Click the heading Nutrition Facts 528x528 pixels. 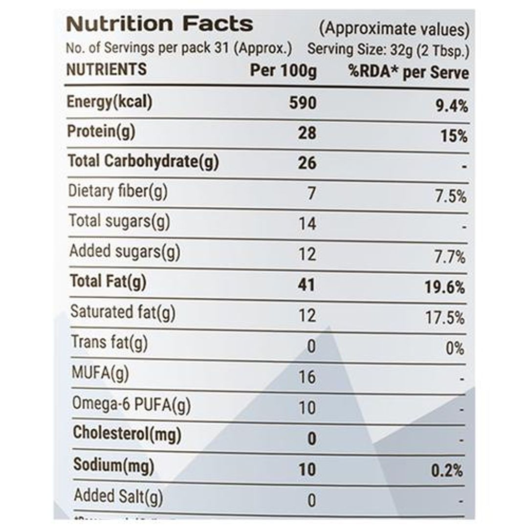(x=159, y=23)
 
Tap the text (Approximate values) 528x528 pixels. (x=394, y=29)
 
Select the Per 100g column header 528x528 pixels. (x=283, y=71)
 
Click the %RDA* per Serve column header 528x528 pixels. (x=408, y=72)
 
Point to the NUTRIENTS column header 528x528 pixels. (x=106, y=69)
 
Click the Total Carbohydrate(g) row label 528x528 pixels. (x=143, y=161)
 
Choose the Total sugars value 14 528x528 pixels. (x=307, y=224)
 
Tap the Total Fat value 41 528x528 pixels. (x=307, y=284)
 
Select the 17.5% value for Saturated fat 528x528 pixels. (x=445, y=318)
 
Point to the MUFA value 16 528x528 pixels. (x=307, y=377)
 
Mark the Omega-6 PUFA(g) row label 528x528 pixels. (x=131, y=404)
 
